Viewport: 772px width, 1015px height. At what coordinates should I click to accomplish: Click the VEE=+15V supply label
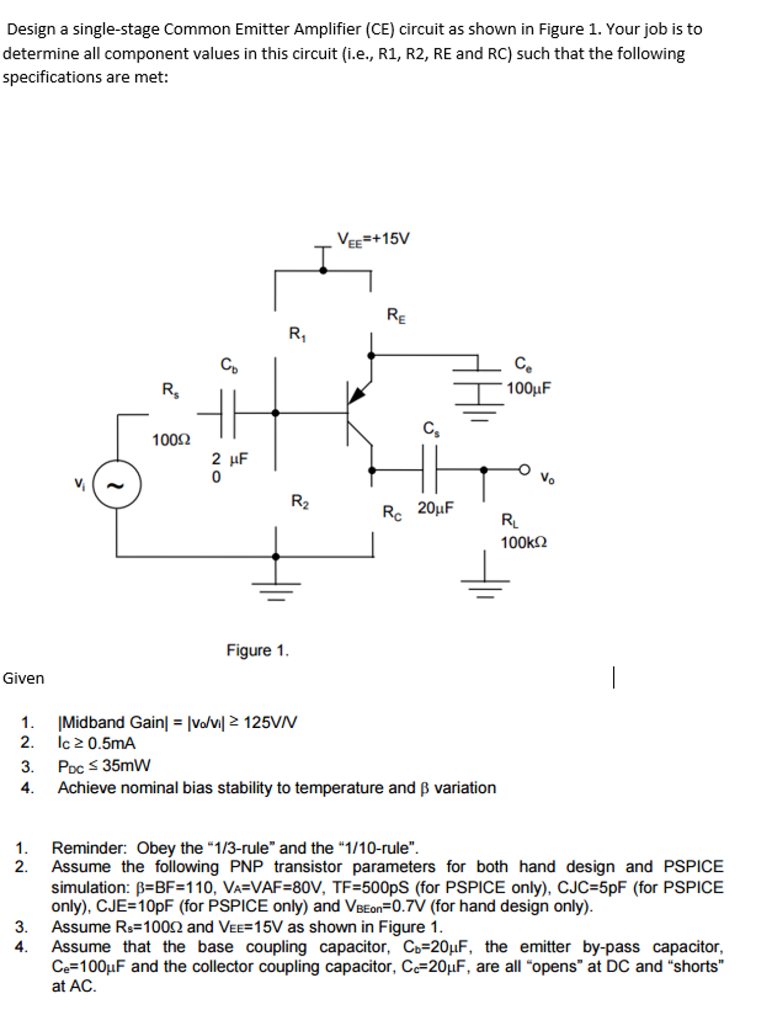(373, 239)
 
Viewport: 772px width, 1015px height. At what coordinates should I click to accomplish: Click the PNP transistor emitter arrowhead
(356, 395)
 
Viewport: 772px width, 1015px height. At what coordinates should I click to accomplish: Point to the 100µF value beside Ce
(529, 388)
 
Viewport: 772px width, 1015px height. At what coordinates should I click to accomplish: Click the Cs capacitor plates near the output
(429, 469)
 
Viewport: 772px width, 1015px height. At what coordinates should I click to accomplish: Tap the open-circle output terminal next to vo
(524, 469)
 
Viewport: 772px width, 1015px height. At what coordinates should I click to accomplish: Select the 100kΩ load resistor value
(524, 543)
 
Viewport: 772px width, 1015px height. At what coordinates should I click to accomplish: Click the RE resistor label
(396, 316)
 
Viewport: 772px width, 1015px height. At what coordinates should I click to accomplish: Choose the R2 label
(299, 501)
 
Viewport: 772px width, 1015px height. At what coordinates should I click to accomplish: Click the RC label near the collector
(392, 512)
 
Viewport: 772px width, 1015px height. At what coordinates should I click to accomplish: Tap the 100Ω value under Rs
(171, 440)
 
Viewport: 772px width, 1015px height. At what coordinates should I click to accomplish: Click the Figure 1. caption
(257, 650)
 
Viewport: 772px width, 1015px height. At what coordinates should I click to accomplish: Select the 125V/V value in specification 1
(270, 722)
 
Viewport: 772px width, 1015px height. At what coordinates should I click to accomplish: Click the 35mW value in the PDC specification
(126, 766)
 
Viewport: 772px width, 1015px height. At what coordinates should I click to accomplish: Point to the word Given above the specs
(23, 678)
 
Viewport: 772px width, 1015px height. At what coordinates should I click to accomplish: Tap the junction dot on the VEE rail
(323, 270)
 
